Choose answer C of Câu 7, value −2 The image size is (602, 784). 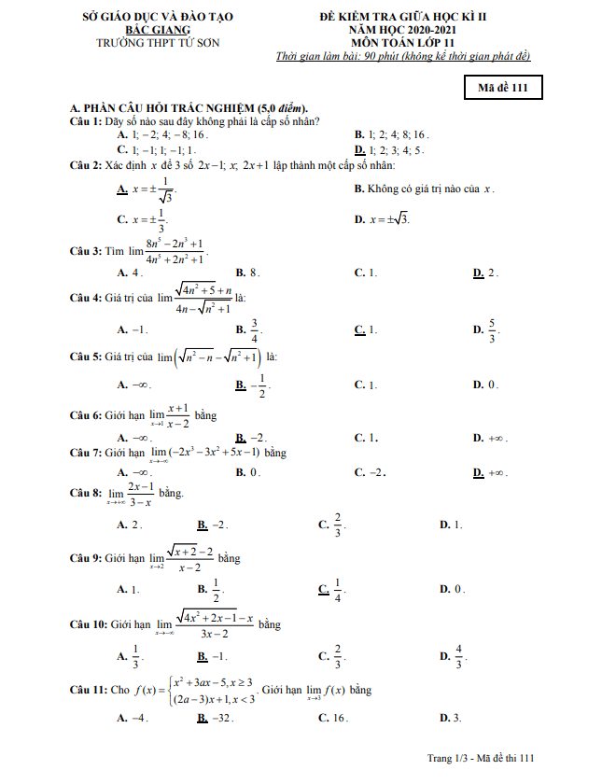tap(370, 472)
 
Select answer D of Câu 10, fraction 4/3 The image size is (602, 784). tap(453, 656)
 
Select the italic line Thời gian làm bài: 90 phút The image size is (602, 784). tap(403, 56)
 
